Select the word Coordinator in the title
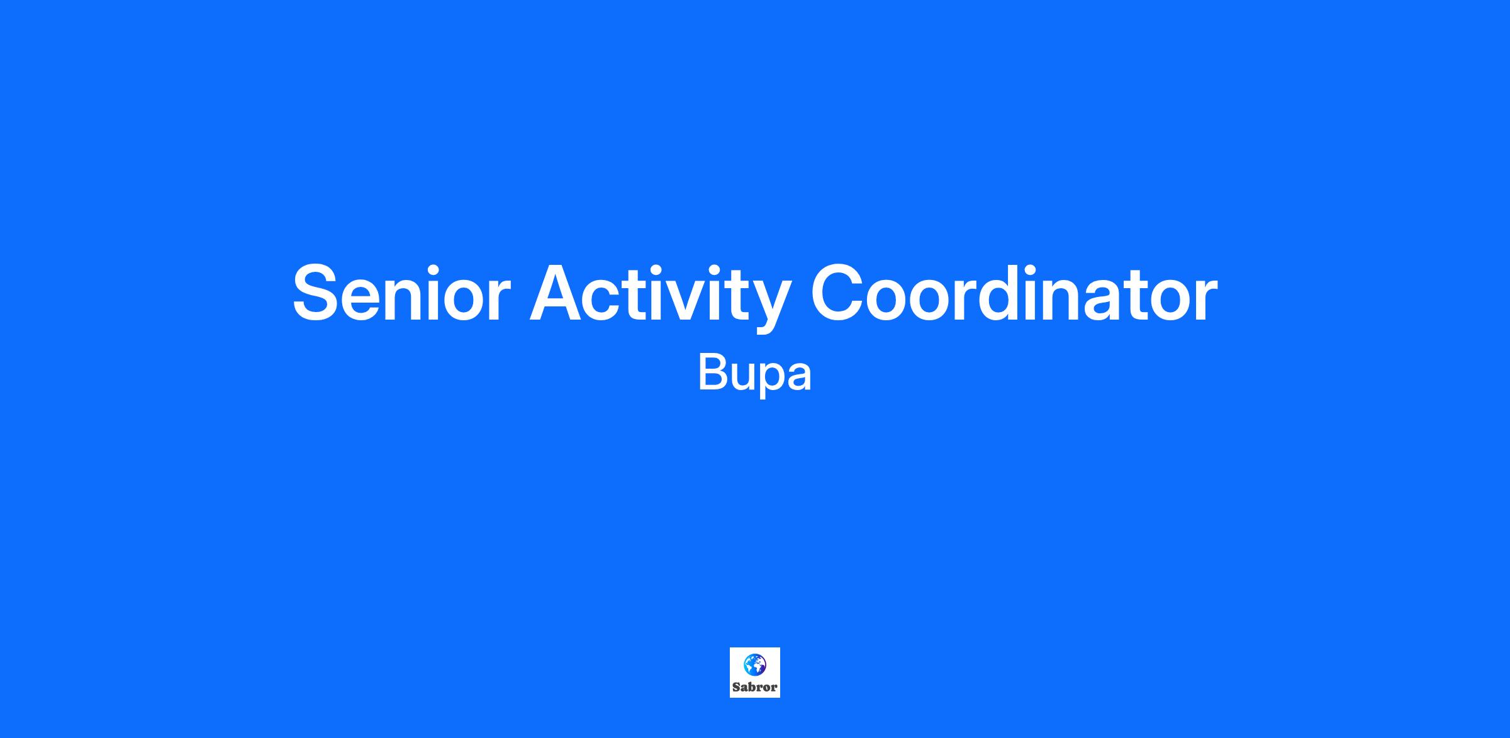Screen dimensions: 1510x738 1014,293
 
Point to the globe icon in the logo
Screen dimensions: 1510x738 754,664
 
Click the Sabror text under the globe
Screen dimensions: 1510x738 754,687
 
